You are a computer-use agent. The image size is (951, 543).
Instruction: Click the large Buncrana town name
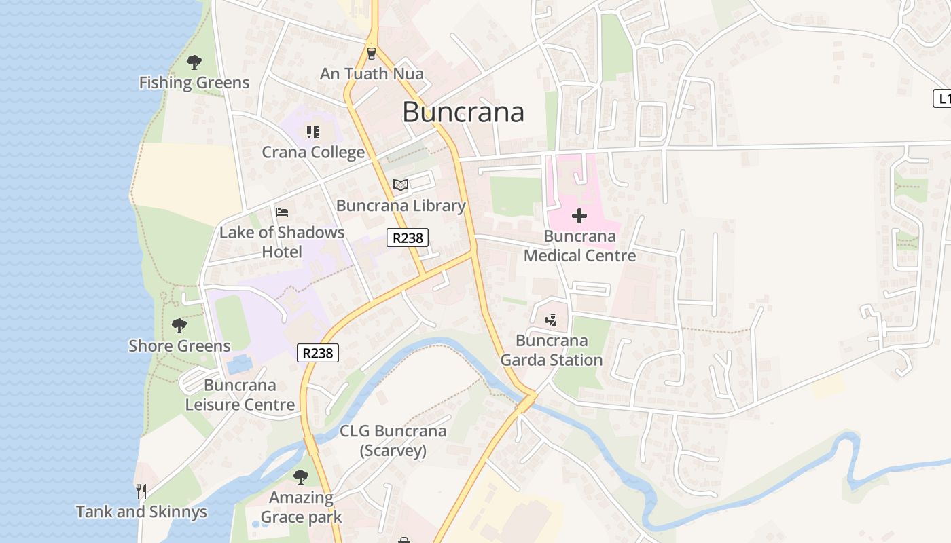pos(463,112)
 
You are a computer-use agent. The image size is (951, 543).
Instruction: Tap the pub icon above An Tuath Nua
pos(371,53)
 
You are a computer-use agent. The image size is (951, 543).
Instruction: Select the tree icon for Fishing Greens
pos(194,62)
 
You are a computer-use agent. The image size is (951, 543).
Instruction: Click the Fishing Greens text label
pos(194,83)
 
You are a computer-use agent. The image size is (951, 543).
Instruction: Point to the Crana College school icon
pos(312,132)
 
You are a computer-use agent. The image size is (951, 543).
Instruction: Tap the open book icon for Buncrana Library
pos(401,185)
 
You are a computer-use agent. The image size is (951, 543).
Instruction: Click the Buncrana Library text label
pos(401,206)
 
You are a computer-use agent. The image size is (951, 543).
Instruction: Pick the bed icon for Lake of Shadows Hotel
pos(282,212)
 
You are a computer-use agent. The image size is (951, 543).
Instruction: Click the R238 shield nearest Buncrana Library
pos(408,238)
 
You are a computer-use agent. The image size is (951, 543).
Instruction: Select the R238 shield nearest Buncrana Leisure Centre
pos(318,353)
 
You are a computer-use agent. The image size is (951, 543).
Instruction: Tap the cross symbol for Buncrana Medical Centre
pos(579,216)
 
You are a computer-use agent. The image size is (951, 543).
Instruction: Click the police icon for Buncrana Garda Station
pos(552,320)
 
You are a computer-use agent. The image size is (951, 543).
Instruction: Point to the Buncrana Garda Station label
pos(552,350)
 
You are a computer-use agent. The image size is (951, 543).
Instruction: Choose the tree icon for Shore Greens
pos(179,326)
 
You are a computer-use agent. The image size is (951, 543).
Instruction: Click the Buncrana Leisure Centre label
pos(240,395)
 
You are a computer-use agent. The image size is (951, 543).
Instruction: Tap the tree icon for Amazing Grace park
pos(300,477)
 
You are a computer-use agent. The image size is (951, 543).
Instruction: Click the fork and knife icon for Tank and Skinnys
pos(141,491)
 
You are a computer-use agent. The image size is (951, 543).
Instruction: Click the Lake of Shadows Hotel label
pos(282,242)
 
